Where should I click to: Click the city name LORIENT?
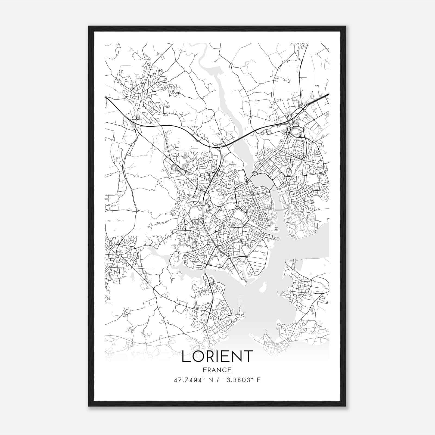[217, 356]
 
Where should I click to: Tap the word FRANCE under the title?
[217, 370]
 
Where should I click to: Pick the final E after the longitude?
[259, 380]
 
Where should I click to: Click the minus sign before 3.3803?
[224, 380]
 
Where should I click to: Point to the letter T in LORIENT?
[248, 356]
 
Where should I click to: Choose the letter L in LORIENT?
[186, 356]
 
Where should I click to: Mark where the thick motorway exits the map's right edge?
[329, 94]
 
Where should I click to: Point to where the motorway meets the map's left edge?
[106, 97]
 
